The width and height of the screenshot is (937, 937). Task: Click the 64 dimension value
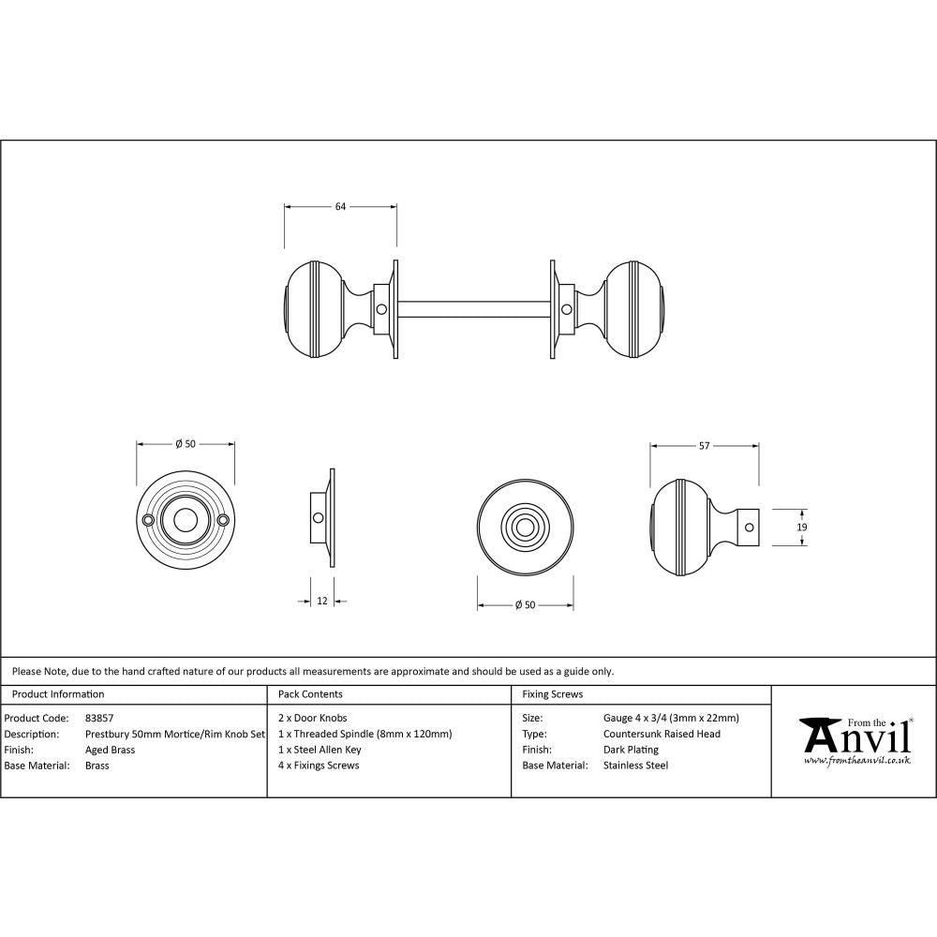pos(340,207)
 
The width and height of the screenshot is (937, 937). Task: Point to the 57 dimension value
pos(704,446)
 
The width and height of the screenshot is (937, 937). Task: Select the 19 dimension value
pos(801,528)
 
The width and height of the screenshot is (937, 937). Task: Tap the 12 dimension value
pos(322,601)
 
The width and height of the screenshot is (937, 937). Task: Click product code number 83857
pos(98,719)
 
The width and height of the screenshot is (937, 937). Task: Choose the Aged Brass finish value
pos(111,750)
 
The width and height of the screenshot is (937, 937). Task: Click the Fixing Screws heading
pos(552,694)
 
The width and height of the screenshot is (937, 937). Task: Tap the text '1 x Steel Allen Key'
pos(320,750)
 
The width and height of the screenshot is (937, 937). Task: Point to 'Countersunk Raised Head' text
pos(662,734)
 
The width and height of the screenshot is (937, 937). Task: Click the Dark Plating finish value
pos(631,750)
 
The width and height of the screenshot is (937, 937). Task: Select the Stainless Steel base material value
pos(635,766)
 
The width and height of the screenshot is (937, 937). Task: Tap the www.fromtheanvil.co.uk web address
pos(856,762)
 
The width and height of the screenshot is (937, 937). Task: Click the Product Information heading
pos(58,694)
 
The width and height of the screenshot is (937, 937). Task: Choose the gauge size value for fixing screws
pos(671,719)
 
